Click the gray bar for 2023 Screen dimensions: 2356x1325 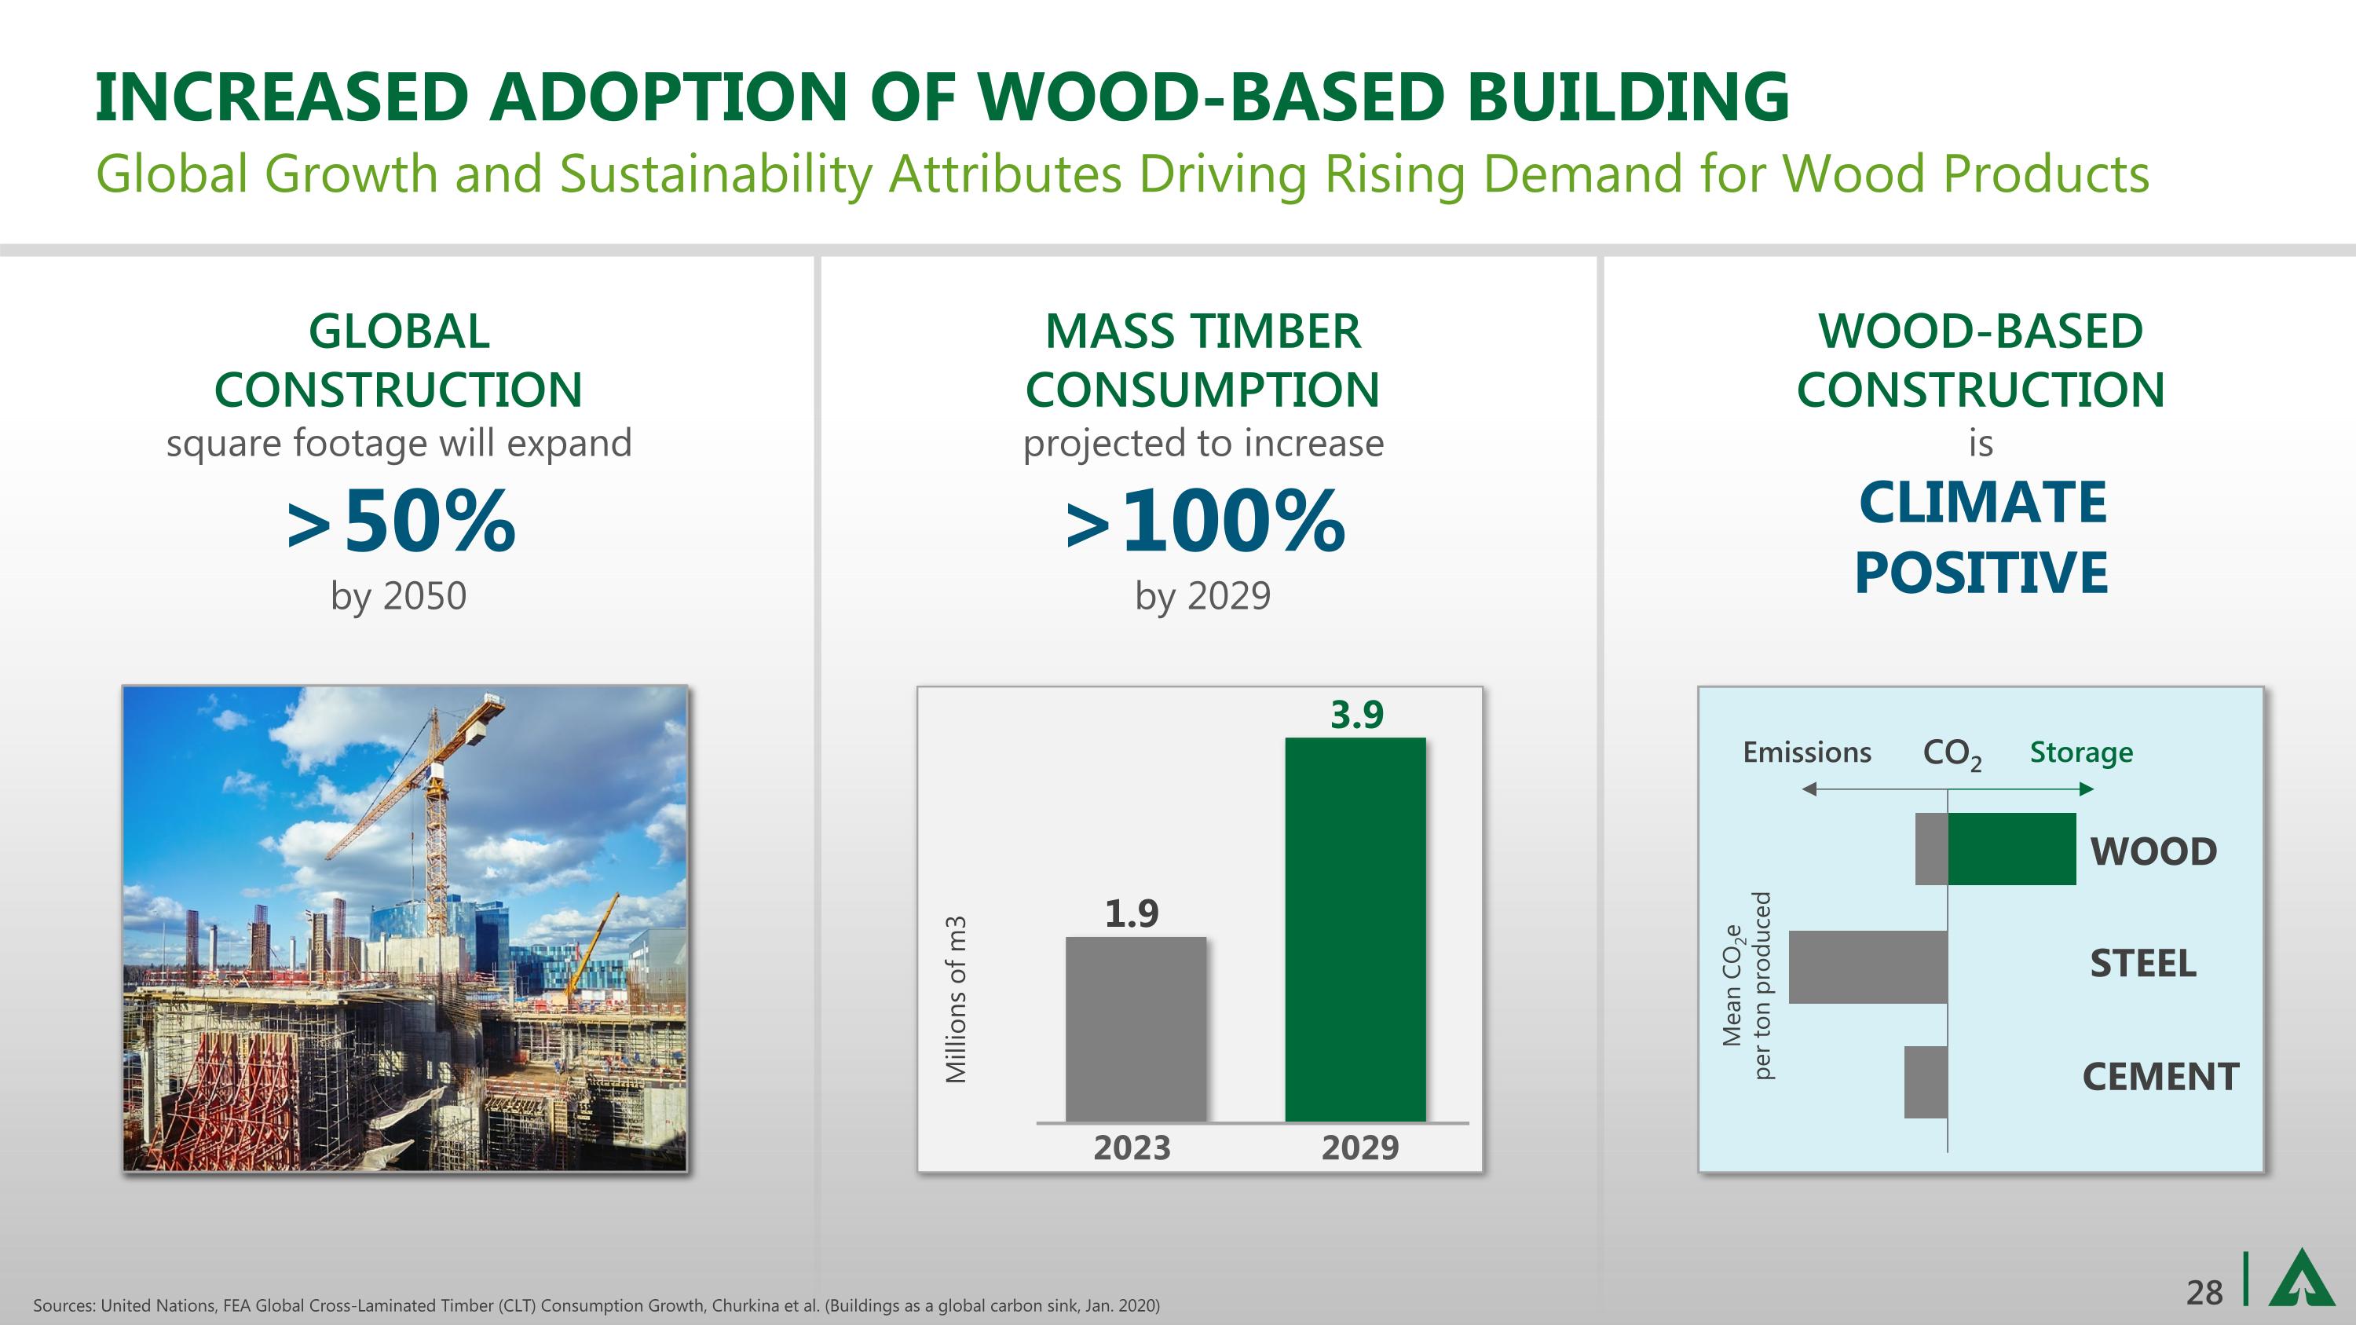1136,1029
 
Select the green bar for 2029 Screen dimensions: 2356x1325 1355,929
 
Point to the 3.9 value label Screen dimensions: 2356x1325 1357,714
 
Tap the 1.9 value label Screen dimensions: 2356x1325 1132,913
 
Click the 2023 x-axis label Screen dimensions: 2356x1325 1132,1147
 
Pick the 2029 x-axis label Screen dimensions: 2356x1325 1360,1147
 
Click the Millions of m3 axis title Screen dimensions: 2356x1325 956,1000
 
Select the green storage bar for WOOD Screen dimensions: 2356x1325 2012,848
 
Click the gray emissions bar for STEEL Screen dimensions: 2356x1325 1868,968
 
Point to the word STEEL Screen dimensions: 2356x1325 2143,964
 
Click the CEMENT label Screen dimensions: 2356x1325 2161,1077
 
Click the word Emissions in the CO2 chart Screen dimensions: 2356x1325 1807,752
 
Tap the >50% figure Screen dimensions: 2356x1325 401,522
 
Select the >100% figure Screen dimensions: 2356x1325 1205,522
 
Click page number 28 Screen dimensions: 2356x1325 2204,1293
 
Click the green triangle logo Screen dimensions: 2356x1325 2300,1279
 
